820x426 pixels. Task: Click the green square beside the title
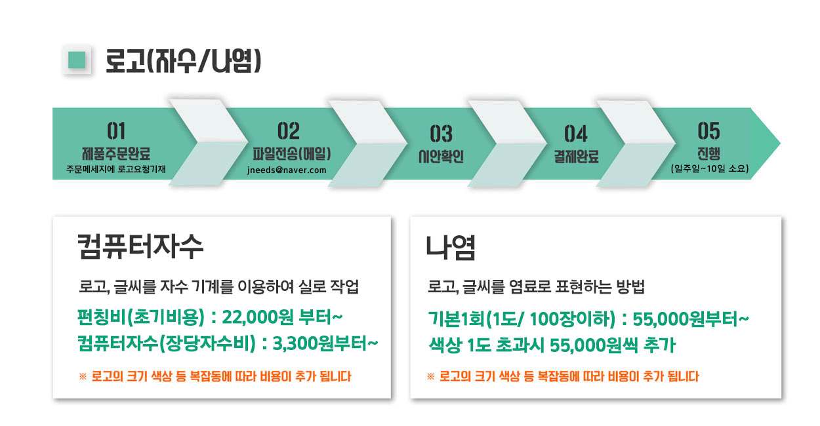[x=77, y=60]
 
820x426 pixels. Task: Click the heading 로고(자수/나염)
[x=183, y=61]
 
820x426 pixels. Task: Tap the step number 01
[x=116, y=131]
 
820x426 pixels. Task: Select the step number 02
[x=289, y=131]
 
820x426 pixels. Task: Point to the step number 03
[x=441, y=134]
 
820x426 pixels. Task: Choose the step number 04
[x=576, y=134]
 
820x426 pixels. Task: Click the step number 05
[x=708, y=131]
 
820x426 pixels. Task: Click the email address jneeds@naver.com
[x=287, y=170]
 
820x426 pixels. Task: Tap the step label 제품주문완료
[x=116, y=153]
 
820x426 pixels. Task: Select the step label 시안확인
[x=441, y=157]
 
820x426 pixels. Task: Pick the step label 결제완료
[x=576, y=157]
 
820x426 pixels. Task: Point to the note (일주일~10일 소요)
[x=709, y=168]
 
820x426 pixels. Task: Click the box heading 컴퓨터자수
[x=140, y=246]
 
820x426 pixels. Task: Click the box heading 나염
[x=451, y=248]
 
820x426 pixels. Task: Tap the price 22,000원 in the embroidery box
[x=258, y=317]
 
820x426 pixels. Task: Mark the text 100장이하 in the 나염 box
[x=572, y=319]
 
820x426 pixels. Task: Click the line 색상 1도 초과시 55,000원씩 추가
[x=552, y=345]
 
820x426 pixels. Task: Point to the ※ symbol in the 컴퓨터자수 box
[x=83, y=376]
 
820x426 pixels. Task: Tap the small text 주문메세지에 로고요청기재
[x=115, y=169]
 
